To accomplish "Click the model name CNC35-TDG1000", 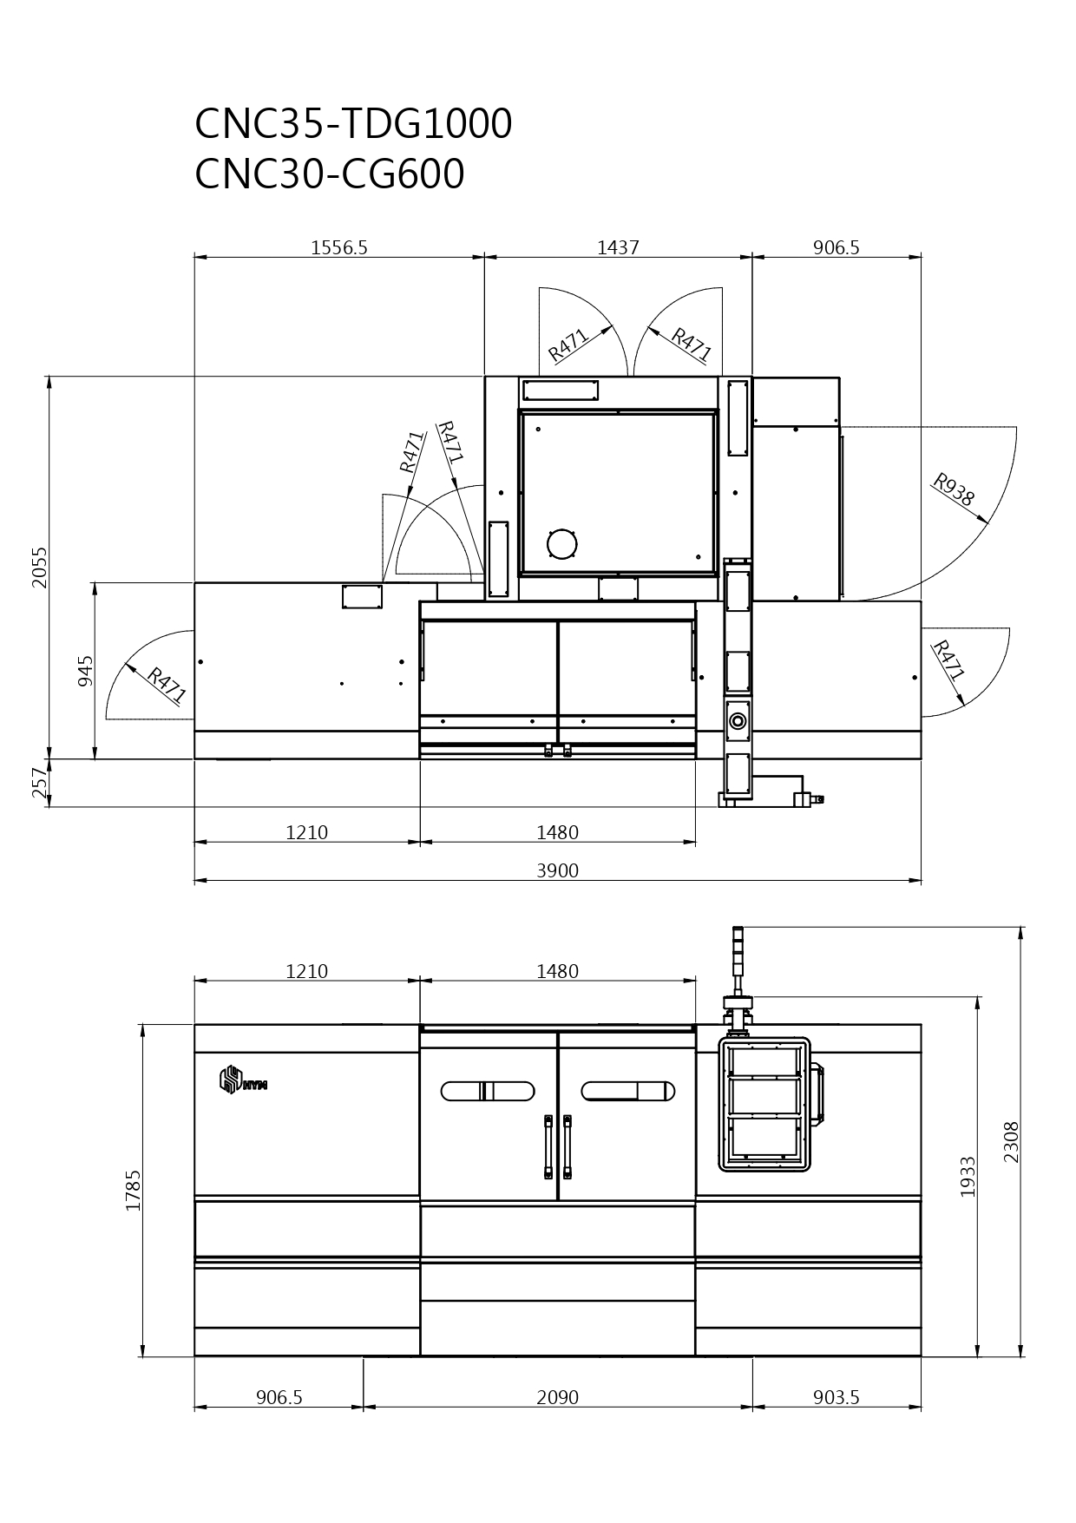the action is (353, 124).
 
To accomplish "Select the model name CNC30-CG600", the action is (330, 174).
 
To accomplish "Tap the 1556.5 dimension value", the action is (339, 247).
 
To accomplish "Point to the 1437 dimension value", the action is (618, 247).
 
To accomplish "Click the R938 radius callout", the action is (954, 490).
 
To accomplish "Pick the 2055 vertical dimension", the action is (40, 567).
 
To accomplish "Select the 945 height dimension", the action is (85, 671).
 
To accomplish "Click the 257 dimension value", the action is (40, 783).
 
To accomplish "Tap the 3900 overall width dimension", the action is (557, 870).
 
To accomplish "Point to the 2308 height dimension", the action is (1012, 1142).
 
